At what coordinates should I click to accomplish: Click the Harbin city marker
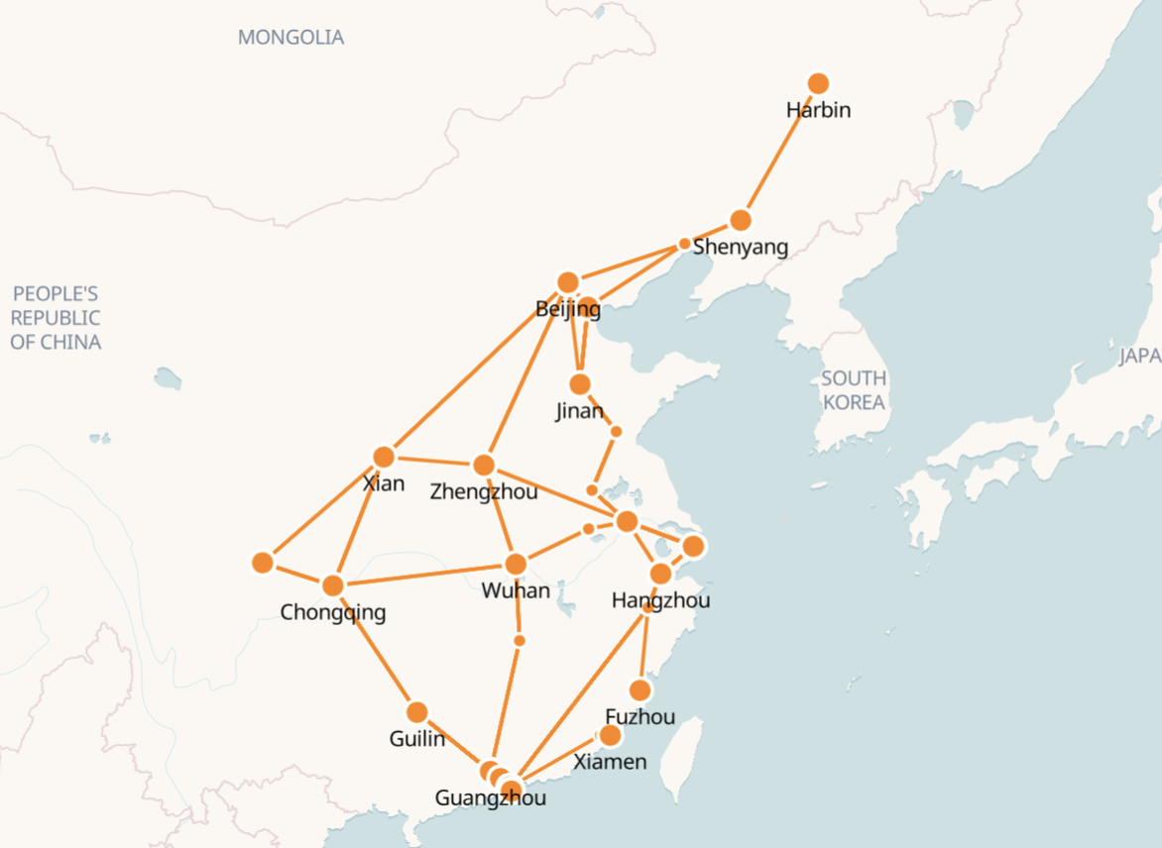pyautogui.click(x=818, y=83)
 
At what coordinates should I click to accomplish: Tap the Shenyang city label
pyautogui.click(x=740, y=247)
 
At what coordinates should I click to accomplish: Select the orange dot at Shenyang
pyautogui.click(x=740, y=220)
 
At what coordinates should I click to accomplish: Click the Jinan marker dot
pyautogui.click(x=580, y=384)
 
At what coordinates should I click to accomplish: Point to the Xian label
pyautogui.click(x=384, y=483)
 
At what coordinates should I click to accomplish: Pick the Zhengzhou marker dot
pyautogui.click(x=484, y=465)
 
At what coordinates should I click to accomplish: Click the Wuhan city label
pyautogui.click(x=515, y=590)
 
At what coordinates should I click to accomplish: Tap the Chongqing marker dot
pyautogui.click(x=333, y=585)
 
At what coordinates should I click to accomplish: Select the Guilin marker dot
pyautogui.click(x=416, y=712)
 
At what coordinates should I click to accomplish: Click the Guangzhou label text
pyautogui.click(x=490, y=797)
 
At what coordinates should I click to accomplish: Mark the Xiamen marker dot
pyautogui.click(x=610, y=735)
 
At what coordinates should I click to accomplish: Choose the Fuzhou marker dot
pyautogui.click(x=640, y=689)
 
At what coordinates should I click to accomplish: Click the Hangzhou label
pyautogui.click(x=660, y=600)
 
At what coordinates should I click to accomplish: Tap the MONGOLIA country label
pyautogui.click(x=290, y=38)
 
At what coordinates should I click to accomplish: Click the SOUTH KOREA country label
pyautogui.click(x=853, y=390)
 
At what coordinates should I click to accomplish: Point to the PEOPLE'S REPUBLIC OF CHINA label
pyautogui.click(x=56, y=318)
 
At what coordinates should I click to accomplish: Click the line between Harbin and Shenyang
pyautogui.click(x=779, y=152)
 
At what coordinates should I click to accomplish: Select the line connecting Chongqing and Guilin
pyautogui.click(x=375, y=649)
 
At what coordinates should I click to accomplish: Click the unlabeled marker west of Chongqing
pyautogui.click(x=263, y=563)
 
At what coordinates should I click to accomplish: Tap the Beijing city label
pyautogui.click(x=567, y=309)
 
